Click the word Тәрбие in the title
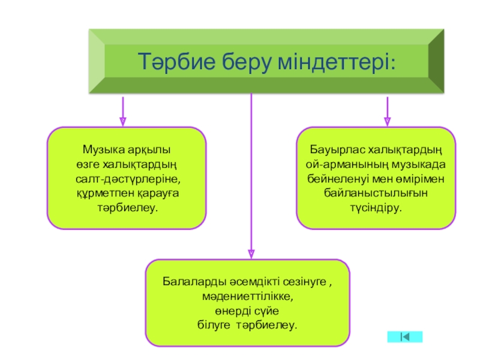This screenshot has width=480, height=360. (x=175, y=62)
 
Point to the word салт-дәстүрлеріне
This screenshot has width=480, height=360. (x=128, y=179)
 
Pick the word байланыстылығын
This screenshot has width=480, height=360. (x=376, y=193)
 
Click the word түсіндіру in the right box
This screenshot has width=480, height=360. (x=376, y=208)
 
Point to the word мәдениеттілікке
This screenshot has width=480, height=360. (x=248, y=296)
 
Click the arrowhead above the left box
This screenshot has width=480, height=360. (x=123, y=120)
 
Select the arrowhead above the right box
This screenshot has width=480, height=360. (x=388, y=120)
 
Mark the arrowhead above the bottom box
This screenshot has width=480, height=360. (x=251, y=253)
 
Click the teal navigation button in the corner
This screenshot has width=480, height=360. (x=405, y=337)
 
